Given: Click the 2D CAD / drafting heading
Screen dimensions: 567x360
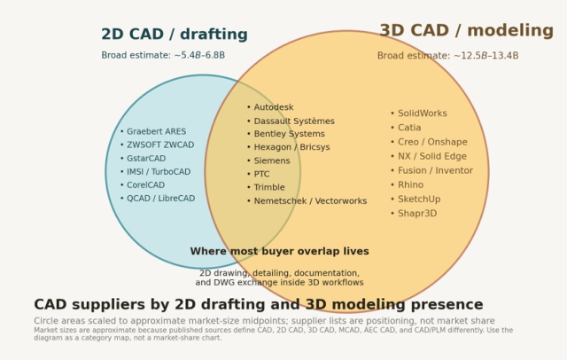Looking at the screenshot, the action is coord(175,34).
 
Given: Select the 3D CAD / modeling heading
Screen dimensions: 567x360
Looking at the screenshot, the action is coord(467,30).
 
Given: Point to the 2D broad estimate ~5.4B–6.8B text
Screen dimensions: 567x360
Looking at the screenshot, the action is coord(163,55).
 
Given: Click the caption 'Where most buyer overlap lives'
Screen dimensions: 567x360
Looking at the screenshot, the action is coord(280,251).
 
